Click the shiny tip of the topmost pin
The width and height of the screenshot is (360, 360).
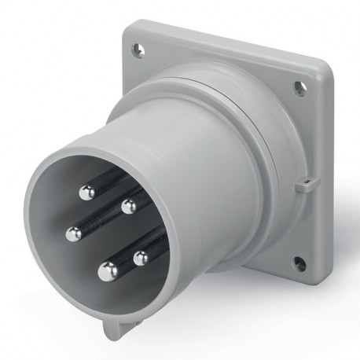coord(89,191)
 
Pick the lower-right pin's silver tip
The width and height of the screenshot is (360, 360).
coord(142,258)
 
